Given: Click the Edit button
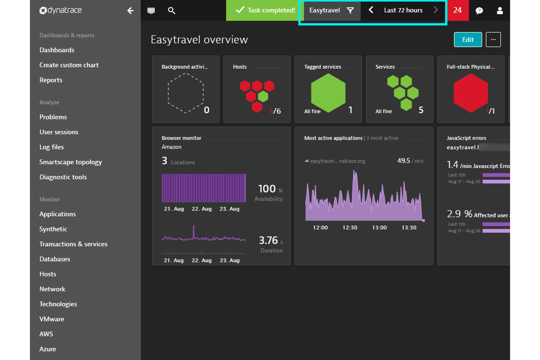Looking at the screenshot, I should pos(468,40).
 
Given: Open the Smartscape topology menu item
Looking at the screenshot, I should pos(70,162).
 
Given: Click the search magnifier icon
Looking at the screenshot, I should pos(171,11).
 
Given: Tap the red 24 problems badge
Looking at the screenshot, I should pos(458,10).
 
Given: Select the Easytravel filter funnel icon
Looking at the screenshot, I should pos(350,10).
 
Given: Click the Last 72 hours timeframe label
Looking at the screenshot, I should pos(403,10).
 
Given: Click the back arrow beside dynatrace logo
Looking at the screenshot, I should pos(130,11).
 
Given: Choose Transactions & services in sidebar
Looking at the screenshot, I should pos(73,244).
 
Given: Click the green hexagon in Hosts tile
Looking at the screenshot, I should pos(263,96).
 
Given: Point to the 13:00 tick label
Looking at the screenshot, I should pos(379,228).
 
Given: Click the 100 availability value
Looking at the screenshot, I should pos(267,189).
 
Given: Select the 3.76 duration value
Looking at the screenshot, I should pos(268,240).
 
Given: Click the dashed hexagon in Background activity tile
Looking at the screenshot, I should pos(185,93).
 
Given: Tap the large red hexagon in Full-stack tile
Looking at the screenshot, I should pos(470,93).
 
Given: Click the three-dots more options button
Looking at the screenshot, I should pos(493,40).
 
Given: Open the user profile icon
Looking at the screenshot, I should pos(499,11).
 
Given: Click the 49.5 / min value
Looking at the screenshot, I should pos(404,161).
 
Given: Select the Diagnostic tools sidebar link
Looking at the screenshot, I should pos(63,177).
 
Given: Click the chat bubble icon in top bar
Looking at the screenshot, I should pos(479,11).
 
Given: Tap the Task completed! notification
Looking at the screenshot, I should pos(265,10).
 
